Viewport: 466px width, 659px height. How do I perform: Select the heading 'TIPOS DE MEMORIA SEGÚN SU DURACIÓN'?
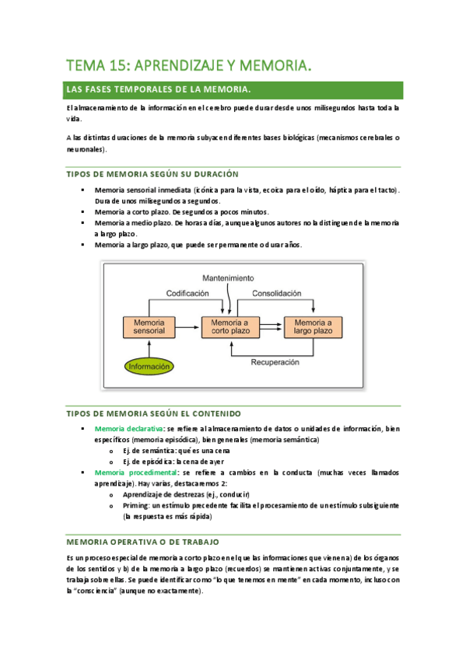click(x=152, y=174)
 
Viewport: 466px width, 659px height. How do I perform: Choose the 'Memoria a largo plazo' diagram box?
click(x=314, y=326)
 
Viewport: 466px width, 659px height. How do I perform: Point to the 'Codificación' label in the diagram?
click(x=187, y=294)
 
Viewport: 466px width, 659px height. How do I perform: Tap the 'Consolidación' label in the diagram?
click(x=275, y=294)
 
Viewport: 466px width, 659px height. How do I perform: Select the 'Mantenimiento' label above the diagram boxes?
click(x=228, y=277)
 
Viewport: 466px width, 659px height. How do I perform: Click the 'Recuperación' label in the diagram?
click(x=277, y=361)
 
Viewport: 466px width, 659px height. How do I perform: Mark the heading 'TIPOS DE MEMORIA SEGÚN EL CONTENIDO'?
click(x=152, y=413)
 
